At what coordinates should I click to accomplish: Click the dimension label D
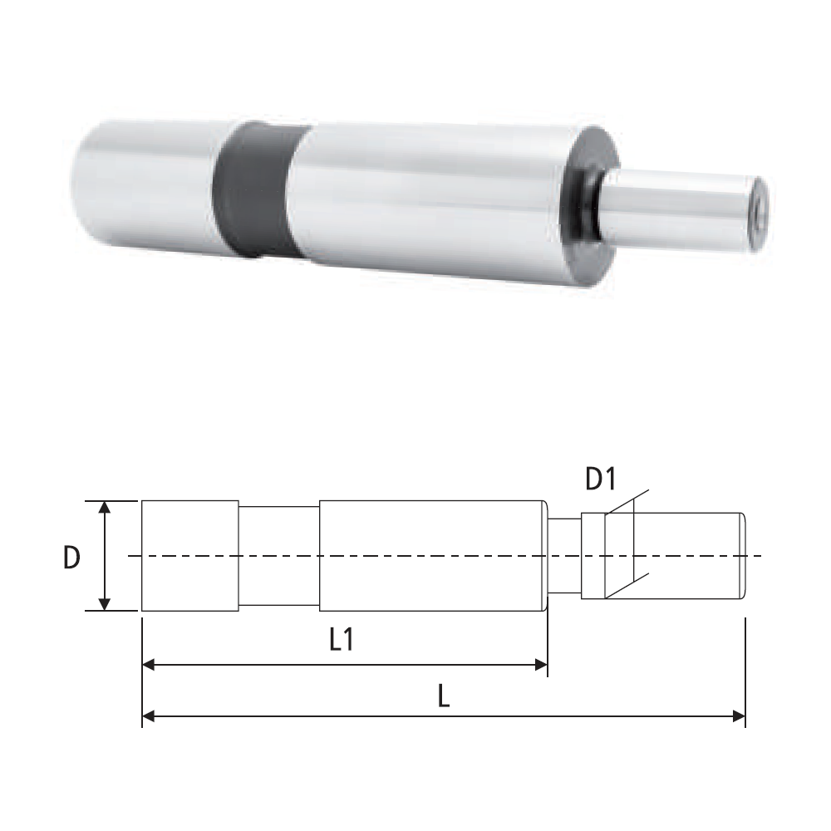71,558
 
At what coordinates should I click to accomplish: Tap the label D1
602,479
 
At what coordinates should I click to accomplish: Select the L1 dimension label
342,639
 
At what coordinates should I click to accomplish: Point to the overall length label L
444,696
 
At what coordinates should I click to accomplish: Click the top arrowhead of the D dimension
105,507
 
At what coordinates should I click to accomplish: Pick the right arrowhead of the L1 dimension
541,665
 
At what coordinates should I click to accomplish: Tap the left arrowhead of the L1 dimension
149,665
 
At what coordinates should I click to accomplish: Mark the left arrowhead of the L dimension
149,717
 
